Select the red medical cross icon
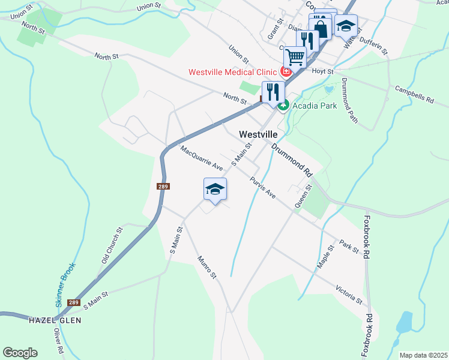click(286, 72)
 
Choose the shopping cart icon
click(295, 58)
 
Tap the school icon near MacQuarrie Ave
click(215, 190)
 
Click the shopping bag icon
click(321, 28)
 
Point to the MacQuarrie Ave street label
click(202, 158)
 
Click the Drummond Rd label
click(292, 159)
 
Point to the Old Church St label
click(112, 245)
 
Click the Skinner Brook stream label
click(66, 285)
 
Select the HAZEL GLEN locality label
click(55, 320)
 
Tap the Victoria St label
click(349, 293)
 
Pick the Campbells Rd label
click(414, 95)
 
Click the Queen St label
click(302, 196)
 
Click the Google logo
click(20, 352)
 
